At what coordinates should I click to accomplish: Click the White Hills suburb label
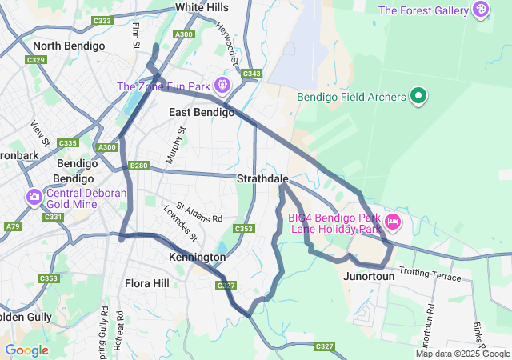coord(201,7)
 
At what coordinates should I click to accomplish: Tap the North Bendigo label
coord(69,46)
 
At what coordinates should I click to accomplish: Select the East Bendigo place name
coord(202,113)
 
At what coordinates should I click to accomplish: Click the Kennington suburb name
coord(197,258)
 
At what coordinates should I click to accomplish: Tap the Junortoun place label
coord(369,276)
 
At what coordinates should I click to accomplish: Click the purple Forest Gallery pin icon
coord(481,10)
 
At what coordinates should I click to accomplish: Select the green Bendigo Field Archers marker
coord(418,97)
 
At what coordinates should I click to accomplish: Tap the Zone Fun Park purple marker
coord(222,85)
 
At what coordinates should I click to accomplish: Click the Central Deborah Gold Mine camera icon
coord(34,197)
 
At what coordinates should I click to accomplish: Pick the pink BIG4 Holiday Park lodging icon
coord(392,220)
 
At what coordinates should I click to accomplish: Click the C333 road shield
coord(102,22)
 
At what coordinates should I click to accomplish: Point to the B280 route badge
coord(139,166)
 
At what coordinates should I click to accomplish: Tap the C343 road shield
coord(251,74)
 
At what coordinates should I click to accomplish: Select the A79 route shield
coord(13,227)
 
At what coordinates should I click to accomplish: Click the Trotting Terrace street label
coord(430,274)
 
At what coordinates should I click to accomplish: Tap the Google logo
coord(26,350)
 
